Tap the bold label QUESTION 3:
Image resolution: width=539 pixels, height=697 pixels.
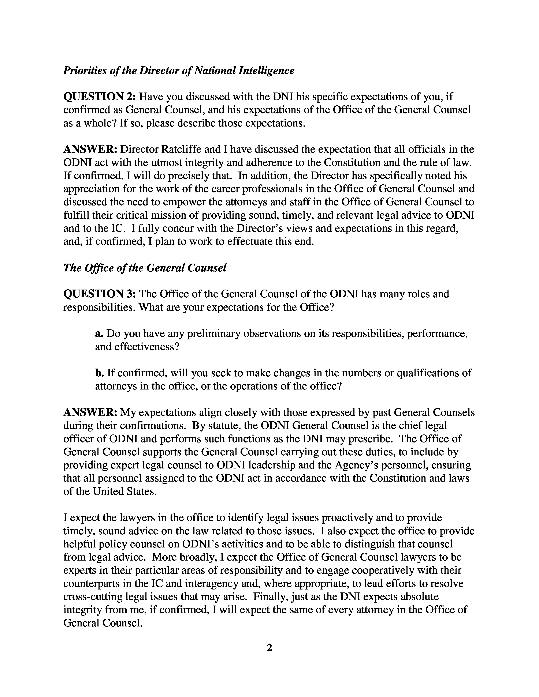100,294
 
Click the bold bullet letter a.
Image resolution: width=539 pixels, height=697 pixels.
99,334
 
